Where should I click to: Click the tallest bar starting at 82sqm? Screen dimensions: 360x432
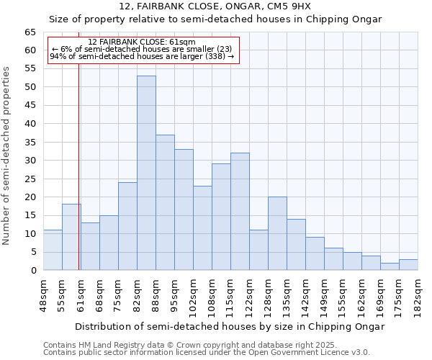(146, 173)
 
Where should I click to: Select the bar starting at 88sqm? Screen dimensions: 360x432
(165, 202)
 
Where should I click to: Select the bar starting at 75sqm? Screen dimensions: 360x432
(127, 226)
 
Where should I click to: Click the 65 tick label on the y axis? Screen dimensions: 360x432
(30, 32)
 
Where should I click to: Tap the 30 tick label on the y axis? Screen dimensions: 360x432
(30, 161)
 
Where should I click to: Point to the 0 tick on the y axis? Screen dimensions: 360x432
(33, 271)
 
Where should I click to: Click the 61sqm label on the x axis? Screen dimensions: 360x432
(81, 294)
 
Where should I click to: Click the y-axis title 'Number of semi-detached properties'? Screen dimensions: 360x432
(6, 156)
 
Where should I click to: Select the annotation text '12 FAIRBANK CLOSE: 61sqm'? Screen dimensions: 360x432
(142, 42)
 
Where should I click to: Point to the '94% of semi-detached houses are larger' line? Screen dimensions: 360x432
(142, 56)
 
